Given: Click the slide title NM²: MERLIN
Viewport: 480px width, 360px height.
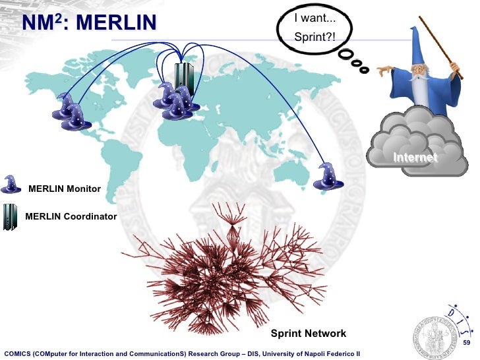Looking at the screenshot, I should pos(89,24).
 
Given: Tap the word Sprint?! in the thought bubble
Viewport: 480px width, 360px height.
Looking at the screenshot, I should pos(315,38).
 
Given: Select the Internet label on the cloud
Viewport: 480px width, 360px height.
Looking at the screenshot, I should pos(415,158).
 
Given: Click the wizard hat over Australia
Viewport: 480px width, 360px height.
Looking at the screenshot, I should pos(326,176).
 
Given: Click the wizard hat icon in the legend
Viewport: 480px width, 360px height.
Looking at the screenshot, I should pos(12,184).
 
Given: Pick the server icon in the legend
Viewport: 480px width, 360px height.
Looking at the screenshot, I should pos(11,216).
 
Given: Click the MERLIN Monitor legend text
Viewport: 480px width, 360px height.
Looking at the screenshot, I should pos(65,189).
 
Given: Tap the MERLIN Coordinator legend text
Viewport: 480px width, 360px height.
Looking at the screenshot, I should pos(71,216).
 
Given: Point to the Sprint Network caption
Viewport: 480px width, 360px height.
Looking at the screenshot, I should pos(309,334).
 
